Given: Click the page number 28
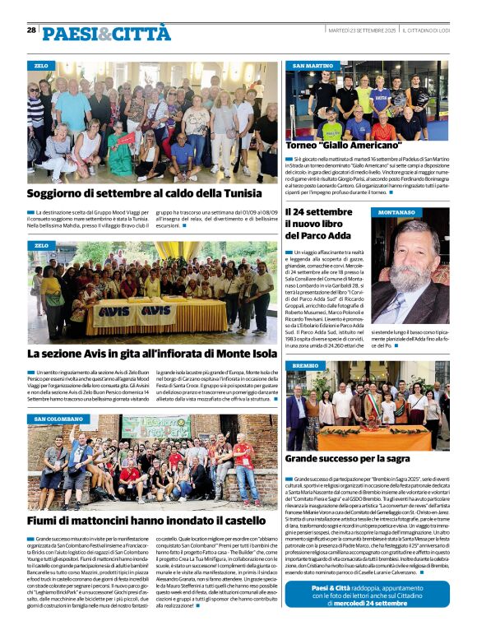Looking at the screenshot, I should tap(31, 30).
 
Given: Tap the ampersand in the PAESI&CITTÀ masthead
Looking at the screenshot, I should tap(106, 34).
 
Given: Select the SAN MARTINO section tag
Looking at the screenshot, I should tap(313, 65).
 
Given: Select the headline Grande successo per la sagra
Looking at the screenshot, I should tap(348, 456).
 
